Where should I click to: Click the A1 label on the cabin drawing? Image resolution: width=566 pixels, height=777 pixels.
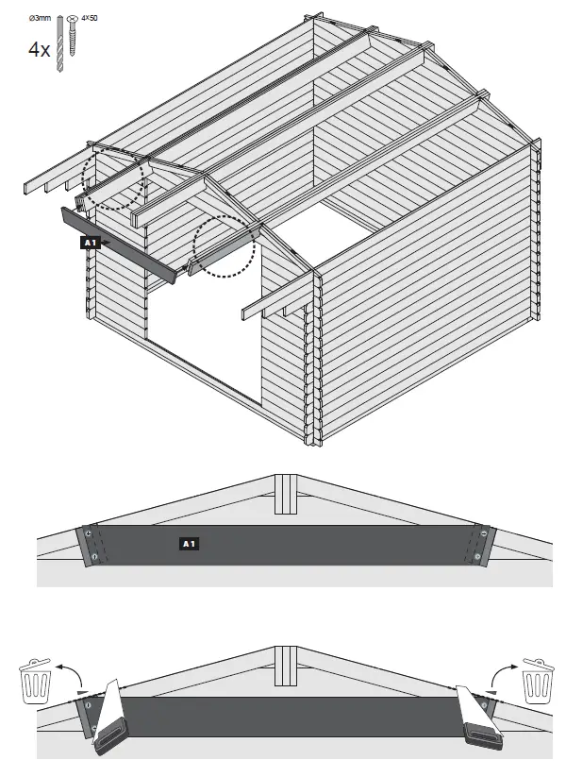pos(90,243)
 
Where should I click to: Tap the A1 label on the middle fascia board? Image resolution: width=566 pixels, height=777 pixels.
pos(188,544)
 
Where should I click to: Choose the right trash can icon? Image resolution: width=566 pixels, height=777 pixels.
pos(537,683)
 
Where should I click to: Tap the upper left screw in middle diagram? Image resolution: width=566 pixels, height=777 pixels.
pos(88,533)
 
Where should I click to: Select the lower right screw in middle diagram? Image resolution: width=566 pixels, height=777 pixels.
pos(478,557)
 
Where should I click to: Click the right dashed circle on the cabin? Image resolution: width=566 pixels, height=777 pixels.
pos(225,247)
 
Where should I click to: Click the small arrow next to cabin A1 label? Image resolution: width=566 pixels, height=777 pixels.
pos(106,243)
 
